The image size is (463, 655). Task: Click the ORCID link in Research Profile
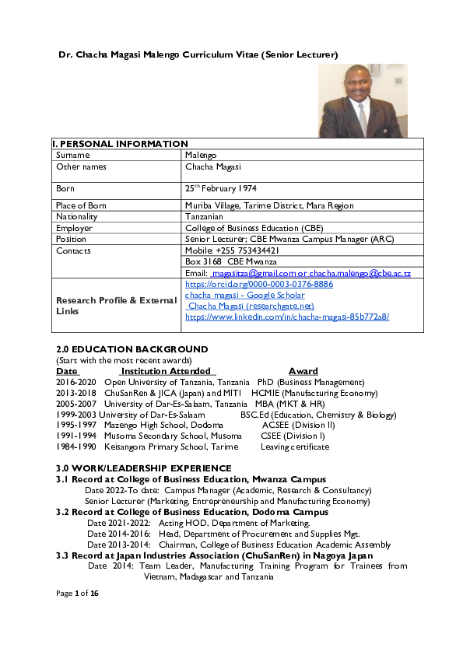[x=259, y=285]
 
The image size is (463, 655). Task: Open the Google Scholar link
[x=245, y=296]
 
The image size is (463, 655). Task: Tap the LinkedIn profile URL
[x=287, y=317]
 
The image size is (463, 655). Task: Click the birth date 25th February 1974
[x=221, y=189]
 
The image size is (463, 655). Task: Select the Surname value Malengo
[x=201, y=156]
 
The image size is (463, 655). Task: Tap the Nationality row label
[x=77, y=217]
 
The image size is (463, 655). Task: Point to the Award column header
[x=303, y=372]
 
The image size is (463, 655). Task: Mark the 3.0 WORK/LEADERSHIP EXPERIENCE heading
[x=144, y=468]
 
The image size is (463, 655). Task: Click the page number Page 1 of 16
[x=78, y=594]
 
